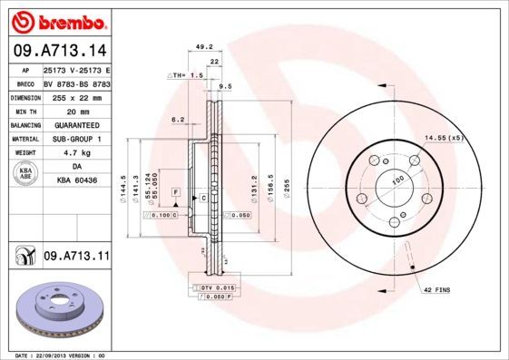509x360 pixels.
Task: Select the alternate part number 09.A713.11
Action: coord(75,258)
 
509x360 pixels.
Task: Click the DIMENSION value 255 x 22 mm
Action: coord(75,97)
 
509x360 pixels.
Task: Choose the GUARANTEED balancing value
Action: coord(75,125)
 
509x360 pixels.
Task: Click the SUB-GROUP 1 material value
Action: coord(75,139)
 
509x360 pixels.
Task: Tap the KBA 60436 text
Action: coord(76,181)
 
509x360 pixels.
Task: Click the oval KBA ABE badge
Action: coord(25,175)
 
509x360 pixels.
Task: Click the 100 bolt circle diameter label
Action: coord(396,182)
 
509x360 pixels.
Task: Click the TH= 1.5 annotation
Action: coord(186,75)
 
